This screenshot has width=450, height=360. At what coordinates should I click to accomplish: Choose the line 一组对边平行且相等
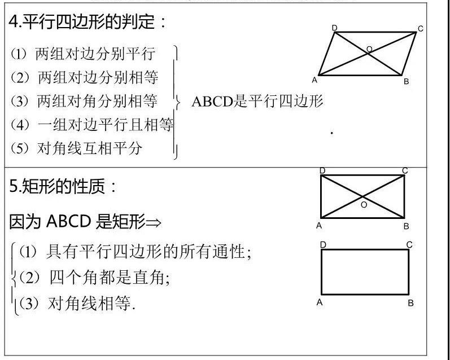tap(92, 125)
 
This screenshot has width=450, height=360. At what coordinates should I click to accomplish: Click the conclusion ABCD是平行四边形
tap(257, 102)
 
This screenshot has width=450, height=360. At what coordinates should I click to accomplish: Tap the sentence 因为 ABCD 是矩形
tap(85, 222)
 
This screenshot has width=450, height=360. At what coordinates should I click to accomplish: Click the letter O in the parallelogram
tap(369, 50)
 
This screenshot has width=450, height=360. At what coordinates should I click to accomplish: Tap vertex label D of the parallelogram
tap(335, 28)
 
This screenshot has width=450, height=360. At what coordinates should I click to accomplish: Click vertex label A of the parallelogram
tap(314, 80)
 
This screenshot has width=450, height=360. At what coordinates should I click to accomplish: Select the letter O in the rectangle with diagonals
tap(364, 205)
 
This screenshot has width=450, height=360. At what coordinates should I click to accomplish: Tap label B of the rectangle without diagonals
tap(410, 303)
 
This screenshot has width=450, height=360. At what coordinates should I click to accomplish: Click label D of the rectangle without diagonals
tap(322, 244)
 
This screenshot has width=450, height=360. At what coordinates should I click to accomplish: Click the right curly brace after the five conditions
tap(176, 102)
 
